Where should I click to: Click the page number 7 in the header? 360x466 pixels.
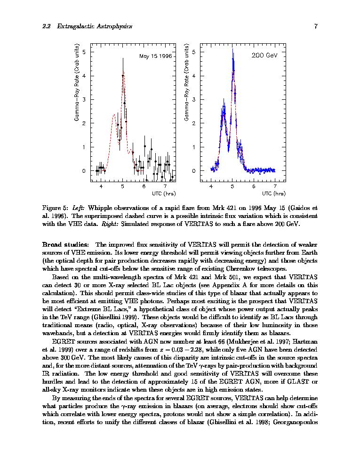click(316, 26)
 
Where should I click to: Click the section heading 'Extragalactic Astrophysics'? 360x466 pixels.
click(94, 26)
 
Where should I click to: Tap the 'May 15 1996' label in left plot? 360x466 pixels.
click(155, 56)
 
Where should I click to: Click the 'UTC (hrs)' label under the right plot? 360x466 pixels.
click(273, 193)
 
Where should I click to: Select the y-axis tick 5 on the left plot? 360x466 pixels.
click(84, 51)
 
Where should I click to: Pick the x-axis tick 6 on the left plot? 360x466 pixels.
click(144, 187)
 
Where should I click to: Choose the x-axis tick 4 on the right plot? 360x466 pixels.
click(211, 187)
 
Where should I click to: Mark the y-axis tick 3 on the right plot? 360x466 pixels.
click(194, 99)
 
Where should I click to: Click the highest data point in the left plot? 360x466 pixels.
click(123, 75)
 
